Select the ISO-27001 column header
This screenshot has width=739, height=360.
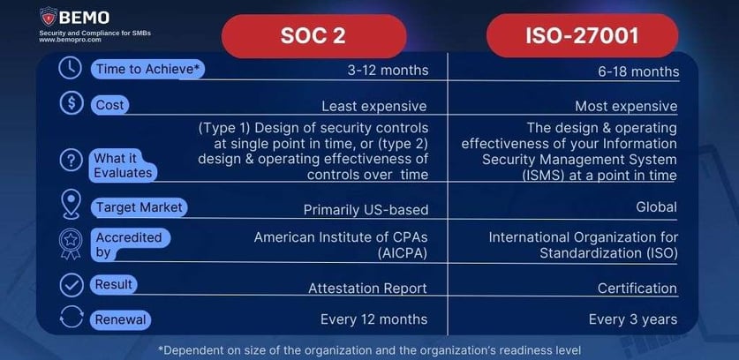(582, 35)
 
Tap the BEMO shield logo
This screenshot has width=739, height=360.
(49, 17)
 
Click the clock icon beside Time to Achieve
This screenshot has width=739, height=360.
(69, 69)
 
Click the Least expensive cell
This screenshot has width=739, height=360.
(373, 106)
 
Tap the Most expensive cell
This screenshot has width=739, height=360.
(626, 106)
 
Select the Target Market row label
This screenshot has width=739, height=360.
(139, 206)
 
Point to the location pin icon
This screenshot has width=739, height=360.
(69, 206)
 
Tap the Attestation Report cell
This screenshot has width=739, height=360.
(367, 288)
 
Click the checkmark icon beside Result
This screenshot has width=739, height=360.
(69, 286)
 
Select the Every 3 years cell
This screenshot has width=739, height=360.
(633, 319)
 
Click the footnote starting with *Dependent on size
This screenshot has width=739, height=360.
(369, 349)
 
